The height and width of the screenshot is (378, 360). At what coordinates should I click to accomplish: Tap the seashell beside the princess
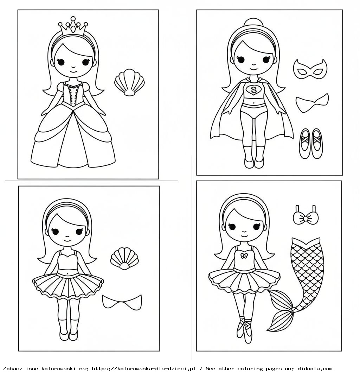click(129, 82)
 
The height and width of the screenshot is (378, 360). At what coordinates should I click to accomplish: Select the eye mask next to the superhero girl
click(310, 69)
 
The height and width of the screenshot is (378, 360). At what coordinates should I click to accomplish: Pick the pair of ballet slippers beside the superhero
click(311, 144)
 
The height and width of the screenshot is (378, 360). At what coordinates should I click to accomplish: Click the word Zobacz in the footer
click(13, 368)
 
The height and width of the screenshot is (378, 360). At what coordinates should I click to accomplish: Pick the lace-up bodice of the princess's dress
click(73, 93)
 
